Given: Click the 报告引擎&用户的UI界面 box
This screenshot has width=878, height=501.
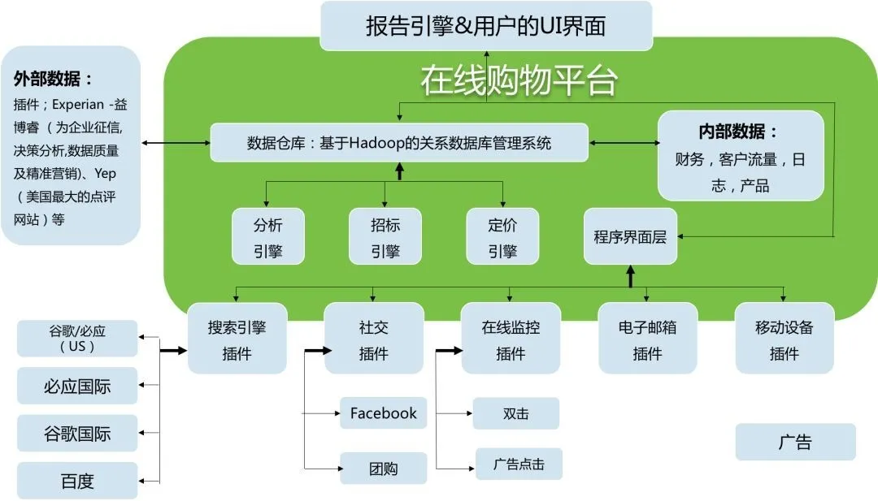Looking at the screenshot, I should click(486, 26).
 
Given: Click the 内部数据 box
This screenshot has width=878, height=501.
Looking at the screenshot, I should click(740, 157).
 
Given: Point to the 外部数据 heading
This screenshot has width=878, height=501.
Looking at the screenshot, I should click(53, 80).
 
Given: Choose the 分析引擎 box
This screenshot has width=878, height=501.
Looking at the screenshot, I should click(267, 236).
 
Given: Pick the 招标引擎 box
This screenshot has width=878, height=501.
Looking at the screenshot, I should click(385, 236).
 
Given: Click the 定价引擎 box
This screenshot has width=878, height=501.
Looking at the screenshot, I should click(502, 236).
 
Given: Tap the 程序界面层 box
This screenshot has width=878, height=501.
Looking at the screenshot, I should click(630, 236).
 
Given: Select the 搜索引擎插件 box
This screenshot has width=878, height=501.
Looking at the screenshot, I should click(237, 339).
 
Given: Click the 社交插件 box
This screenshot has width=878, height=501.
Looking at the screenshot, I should click(374, 339).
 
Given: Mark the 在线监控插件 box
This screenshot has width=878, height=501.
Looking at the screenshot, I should click(511, 339).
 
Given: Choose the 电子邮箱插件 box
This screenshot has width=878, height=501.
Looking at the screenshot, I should click(647, 339).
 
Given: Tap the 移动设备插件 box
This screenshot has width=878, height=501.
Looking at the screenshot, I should click(784, 339).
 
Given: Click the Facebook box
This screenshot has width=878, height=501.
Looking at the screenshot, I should click(383, 413).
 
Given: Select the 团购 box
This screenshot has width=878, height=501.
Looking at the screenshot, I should click(383, 469).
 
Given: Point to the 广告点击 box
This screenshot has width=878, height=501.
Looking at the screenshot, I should click(519, 464).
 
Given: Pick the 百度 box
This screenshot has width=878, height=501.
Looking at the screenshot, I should click(77, 481).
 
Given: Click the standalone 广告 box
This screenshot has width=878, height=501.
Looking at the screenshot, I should click(795, 443).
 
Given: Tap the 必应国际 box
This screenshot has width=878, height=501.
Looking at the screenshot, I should click(77, 386).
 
